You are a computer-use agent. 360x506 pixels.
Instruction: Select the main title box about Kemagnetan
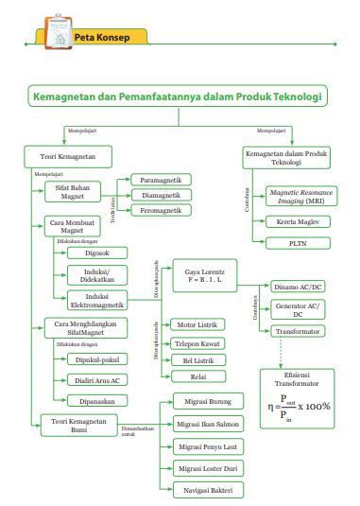pos(179,96)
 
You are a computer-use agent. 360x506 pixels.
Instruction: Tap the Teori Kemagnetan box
pos(68,156)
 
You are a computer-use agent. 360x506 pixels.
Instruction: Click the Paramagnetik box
pos(161,180)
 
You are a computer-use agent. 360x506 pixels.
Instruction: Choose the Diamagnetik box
pos(161,195)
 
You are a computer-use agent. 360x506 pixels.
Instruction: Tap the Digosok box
pos(95,253)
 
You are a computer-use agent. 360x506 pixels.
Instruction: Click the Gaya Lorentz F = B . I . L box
pos(205,276)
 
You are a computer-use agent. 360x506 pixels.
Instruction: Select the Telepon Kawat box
pos(198,343)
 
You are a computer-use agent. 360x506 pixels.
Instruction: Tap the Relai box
pos(198,376)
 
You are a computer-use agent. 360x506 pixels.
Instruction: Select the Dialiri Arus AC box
pos(95,380)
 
